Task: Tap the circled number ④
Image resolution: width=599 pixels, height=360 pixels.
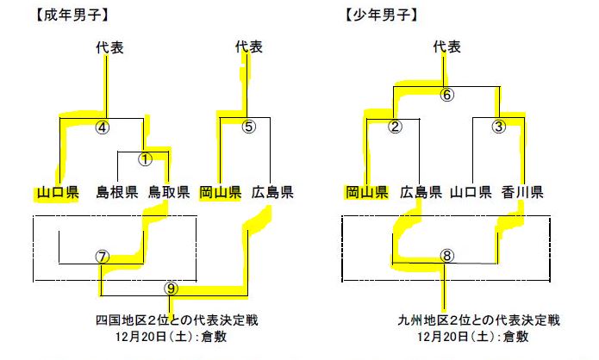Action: pos(103,127)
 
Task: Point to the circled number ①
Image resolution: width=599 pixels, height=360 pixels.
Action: pos(145,159)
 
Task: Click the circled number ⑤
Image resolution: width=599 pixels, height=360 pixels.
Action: pos(249,127)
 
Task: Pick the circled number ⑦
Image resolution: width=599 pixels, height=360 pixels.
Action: pos(103,257)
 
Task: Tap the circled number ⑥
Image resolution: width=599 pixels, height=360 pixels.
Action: pos(446,95)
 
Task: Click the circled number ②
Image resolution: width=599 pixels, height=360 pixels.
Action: pos(395,127)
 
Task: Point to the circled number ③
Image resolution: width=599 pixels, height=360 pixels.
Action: pos(497,127)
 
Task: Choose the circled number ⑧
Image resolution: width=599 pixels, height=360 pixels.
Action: pos(446,256)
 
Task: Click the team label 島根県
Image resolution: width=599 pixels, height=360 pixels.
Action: pos(117,191)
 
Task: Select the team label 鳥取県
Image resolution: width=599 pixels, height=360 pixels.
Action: pos(169,191)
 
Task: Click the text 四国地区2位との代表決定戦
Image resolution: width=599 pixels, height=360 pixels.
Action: pos(177,320)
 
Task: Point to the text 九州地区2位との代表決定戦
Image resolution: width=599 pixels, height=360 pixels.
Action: pos(480,320)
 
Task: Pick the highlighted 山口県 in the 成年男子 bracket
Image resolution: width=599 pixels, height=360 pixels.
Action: pos(58,191)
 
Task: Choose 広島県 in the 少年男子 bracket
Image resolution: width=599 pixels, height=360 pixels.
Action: pos(422,191)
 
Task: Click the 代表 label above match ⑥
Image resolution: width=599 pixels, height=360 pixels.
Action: pos(446,47)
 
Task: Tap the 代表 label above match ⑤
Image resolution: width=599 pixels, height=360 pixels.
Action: pos(249,47)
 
